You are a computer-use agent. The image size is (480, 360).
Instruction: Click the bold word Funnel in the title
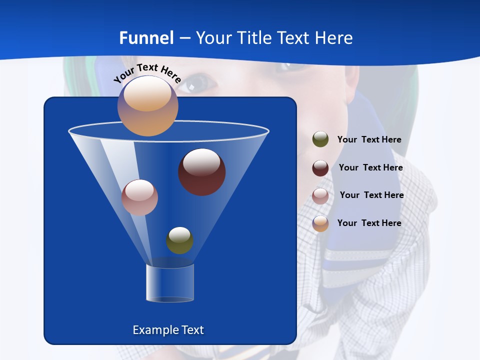pyautogui.click(x=146, y=37)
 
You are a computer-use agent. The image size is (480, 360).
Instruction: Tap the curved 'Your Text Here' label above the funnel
pyautogui.click(x=147, y=72)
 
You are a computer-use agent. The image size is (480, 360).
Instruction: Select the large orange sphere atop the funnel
pyautogui.click(x=147, y=106)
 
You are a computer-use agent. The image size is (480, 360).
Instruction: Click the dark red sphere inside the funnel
pyautogui.click(x=201, y=171)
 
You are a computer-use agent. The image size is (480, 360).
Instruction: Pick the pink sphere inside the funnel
pyautogui.click(x=139, y=197)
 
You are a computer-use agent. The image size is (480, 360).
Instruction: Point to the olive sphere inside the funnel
pyautogui.click(x=179, y=240)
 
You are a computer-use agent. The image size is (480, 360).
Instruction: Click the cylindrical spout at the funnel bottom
pyautogui.click(x=170, y=283)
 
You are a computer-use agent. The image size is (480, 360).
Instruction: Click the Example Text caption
pyautogui.click(x=168, y=329)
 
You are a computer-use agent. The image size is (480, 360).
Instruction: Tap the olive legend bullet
pyautogui.click(x=320, y=139)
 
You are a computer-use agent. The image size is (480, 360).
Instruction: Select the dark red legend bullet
pyautogui.click(x=320, y=167)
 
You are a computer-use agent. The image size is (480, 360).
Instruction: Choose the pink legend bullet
pyautogui.click(x=320, y=195)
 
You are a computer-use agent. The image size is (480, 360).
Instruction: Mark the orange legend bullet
pyautogui.click(x=320, y=223)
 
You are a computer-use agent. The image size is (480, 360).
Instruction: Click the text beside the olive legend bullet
pyautogui.click(x=369, y=139)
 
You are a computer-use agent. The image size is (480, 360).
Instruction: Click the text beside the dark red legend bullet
pyautogui.click(x=370, y=167)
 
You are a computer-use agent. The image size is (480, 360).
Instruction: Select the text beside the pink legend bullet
pyautogui.click(x=371, y=195)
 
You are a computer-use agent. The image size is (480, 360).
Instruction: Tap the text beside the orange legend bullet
pyautogui.click(x=369, y=223)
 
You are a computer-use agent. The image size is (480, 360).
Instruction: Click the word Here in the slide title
pyautogui.click(x=333, y=37)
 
